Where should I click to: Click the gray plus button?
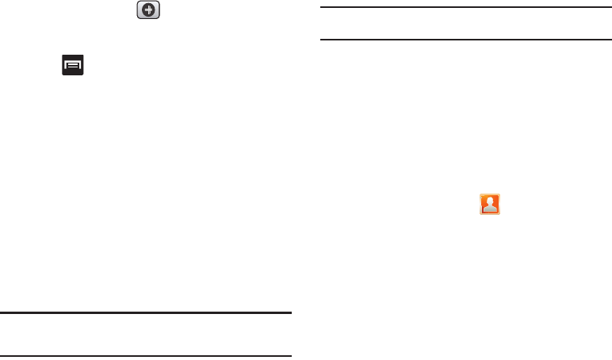148,11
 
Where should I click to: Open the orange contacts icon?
490,205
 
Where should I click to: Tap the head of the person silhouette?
490,201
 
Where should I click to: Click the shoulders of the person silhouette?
490,209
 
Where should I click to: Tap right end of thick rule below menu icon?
291,313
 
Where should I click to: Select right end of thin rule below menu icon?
291,357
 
